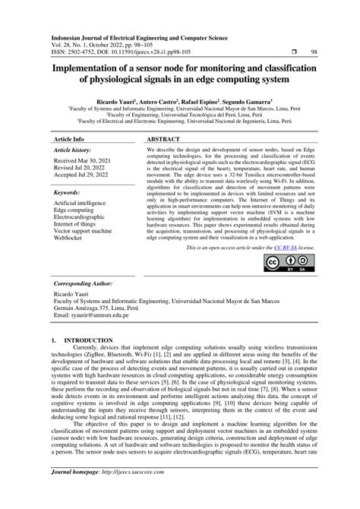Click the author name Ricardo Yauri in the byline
pyautogui.click(x=115, y=100)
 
